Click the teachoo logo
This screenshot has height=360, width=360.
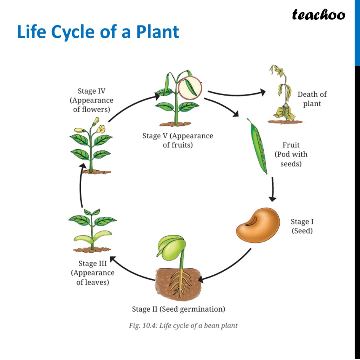tap(318, 15)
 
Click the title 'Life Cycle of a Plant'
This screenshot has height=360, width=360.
tap(98, 32)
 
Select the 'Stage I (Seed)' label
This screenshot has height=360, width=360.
tap(302, 226)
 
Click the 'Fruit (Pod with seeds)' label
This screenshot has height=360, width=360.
tap(291, 154)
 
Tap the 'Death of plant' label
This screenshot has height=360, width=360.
tap(312, 99)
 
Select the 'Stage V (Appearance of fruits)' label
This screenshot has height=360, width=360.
tap(178, 140)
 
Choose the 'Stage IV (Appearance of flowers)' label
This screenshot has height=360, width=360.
tap(91, 100)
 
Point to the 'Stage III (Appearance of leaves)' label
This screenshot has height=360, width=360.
tap(93, 273)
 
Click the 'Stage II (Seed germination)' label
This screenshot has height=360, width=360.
tap(178, 309)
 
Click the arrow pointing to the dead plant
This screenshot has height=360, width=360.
tap(236, 93)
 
